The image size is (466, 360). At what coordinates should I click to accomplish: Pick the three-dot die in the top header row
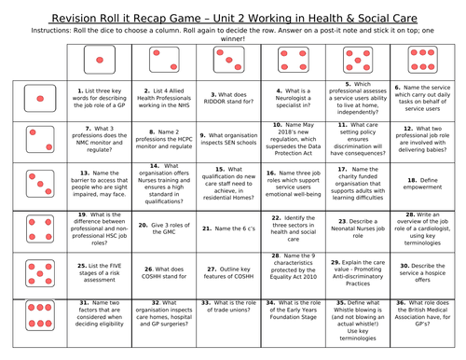click(225, 62)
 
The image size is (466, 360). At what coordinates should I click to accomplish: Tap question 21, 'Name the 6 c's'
click(225, 225)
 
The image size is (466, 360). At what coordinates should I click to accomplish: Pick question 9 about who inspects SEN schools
click(225, 137)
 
